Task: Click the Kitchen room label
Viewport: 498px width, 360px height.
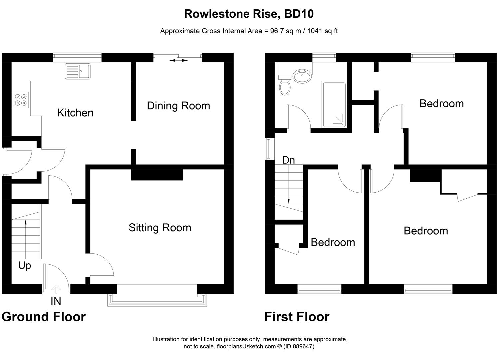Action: point(75,113)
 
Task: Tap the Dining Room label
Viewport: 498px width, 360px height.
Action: point(178,106)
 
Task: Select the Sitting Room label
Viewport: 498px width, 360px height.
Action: point(160,228)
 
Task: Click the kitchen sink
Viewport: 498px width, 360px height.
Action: point(77,71)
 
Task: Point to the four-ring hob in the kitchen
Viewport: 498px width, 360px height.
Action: point(21,100)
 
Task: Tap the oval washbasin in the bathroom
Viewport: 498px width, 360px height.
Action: point(302,76)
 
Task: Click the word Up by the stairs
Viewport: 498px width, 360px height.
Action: point(25,266)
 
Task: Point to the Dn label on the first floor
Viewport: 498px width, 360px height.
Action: point(288,160)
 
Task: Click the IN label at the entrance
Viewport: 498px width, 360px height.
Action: point(56,301)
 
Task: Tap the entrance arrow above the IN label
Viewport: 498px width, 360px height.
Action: point(56,289)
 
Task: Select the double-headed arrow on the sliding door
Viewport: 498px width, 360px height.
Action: point(179,60)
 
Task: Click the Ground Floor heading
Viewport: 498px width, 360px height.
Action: point(44,317)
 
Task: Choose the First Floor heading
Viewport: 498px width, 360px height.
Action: point(297,317)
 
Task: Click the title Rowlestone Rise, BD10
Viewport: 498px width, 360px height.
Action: point(249,14)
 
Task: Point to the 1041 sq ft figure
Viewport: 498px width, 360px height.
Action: point(322,31)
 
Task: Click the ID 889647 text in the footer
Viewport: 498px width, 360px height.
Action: point(299,346)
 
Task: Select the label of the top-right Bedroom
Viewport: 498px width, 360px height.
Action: point(441,104)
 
